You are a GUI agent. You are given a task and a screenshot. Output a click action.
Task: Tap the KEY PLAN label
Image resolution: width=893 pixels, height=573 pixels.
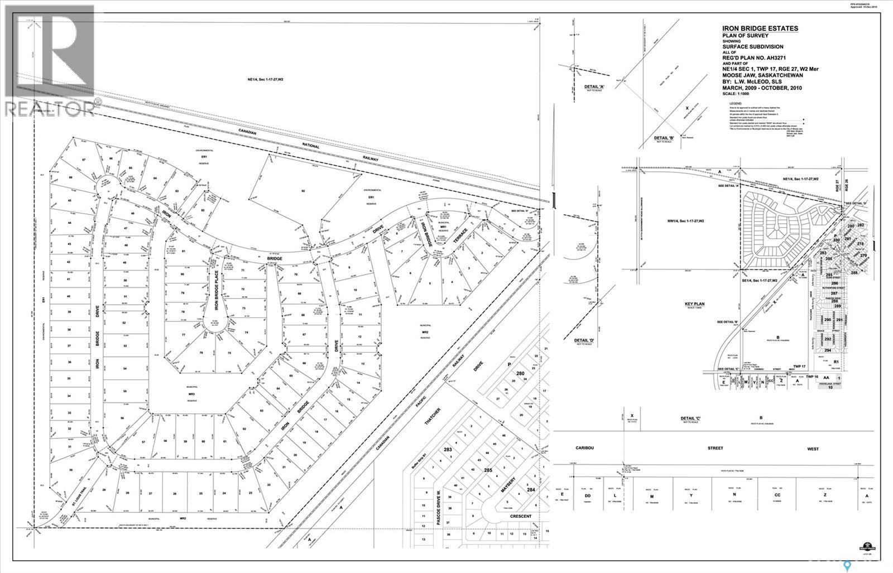(x=695, y=304)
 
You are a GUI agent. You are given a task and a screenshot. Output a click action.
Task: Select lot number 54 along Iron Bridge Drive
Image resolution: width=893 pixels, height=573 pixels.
(x=125, y=369)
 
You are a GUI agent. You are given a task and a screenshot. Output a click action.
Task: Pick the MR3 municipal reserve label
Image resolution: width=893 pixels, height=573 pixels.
(x=191, y=393)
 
